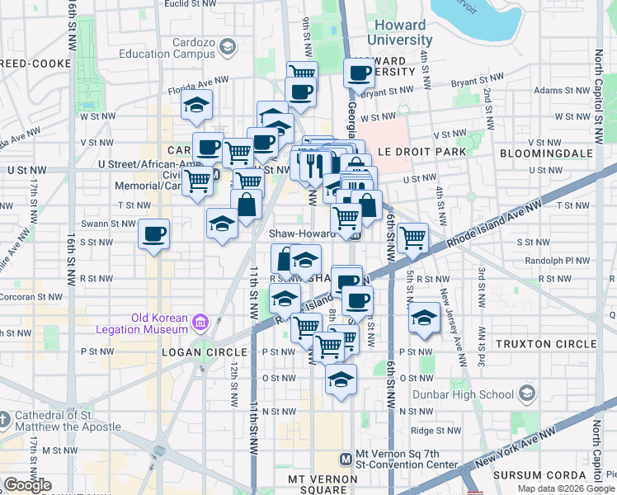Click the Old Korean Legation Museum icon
coord(200,322)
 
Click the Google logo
coord(27,485)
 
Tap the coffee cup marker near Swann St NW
coord(153,234)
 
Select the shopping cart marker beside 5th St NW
coord(412,238)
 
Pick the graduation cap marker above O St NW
coord(340,379)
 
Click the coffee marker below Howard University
coord(359,73)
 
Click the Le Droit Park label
coord(422,153)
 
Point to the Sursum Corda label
coord(540,475)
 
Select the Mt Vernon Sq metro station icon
coord(346,459)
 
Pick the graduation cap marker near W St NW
coord(196,105)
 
